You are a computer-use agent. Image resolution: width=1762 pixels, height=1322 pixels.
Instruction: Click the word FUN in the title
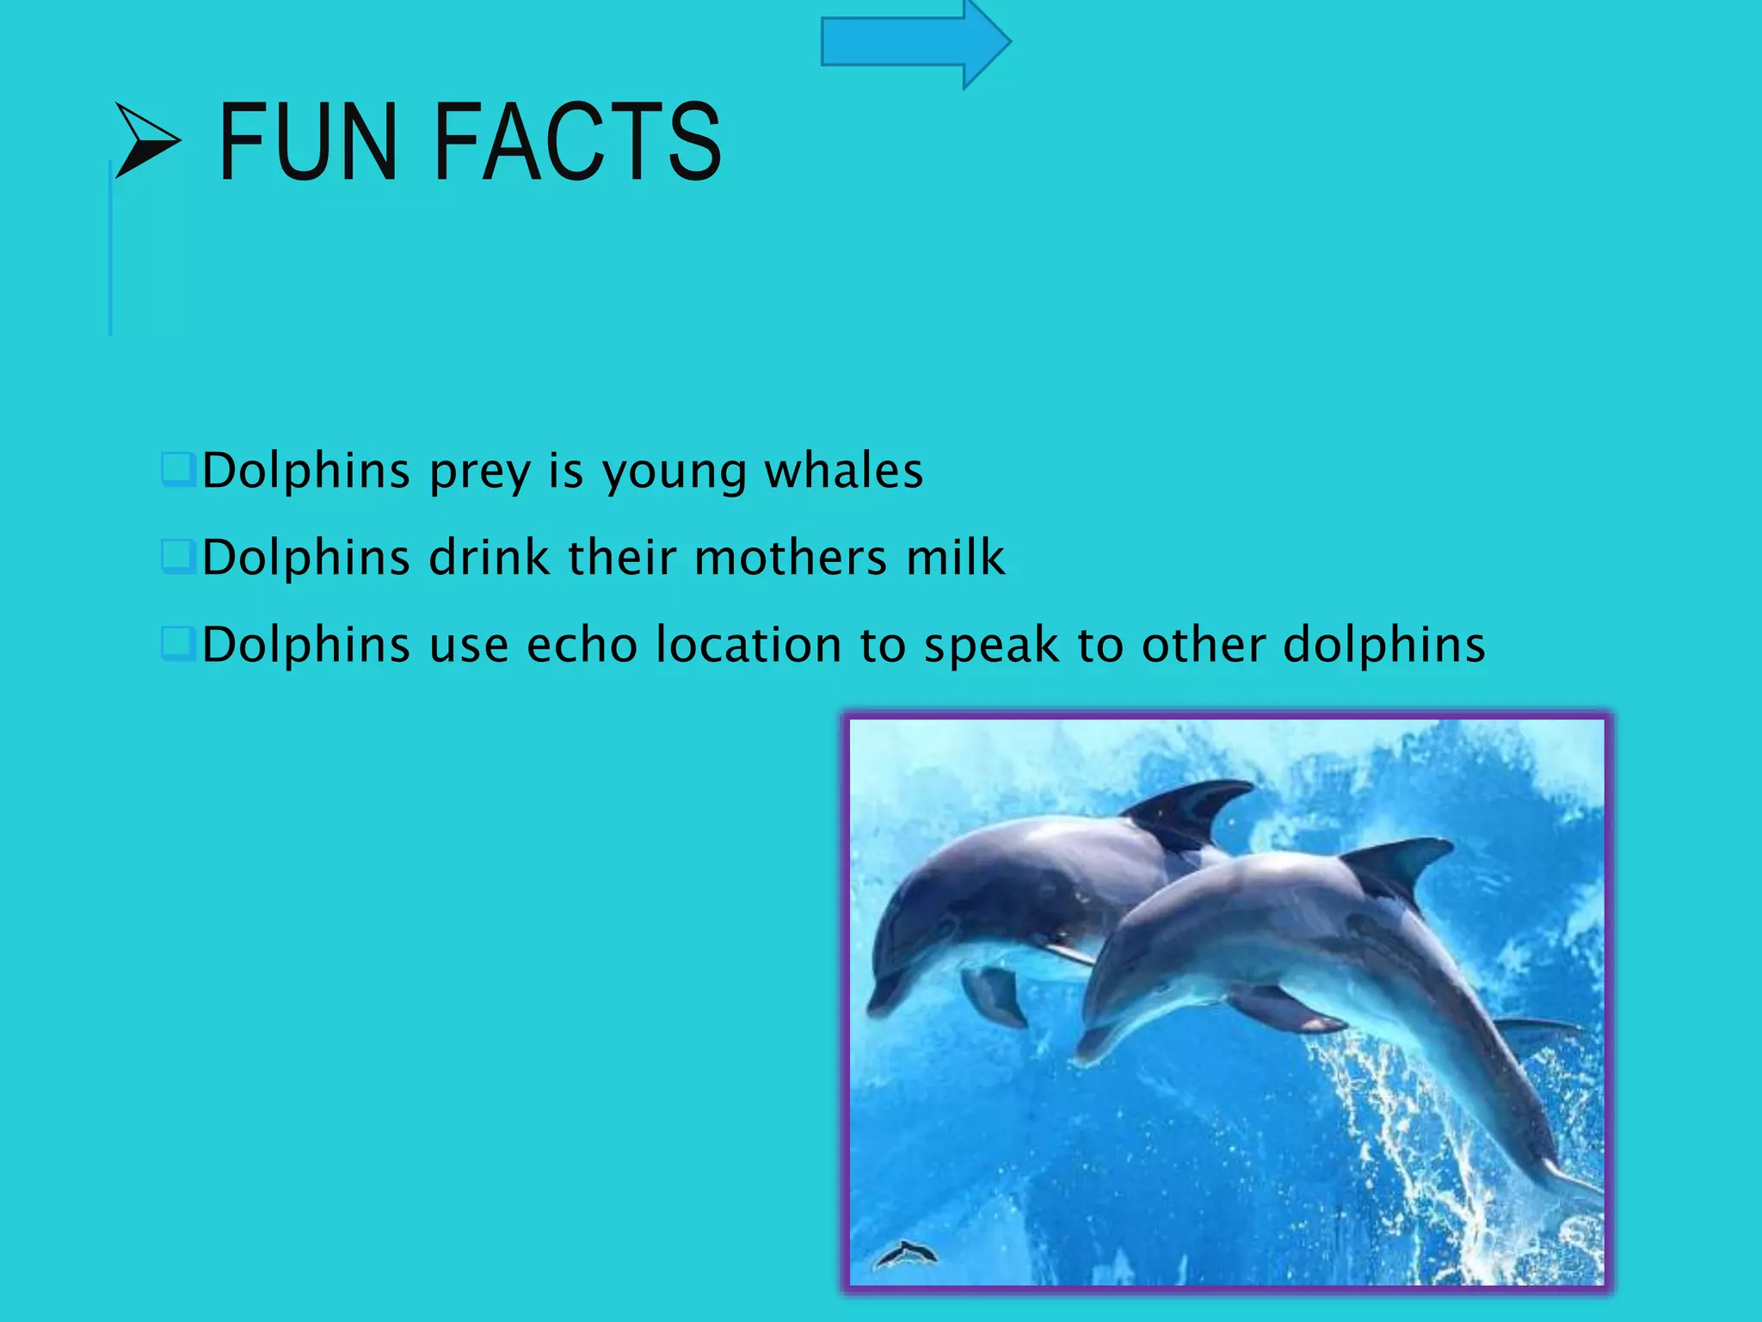point(308,142)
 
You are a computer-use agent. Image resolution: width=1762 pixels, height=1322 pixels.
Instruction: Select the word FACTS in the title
point(578,142)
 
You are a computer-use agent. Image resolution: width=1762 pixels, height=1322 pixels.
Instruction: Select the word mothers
point(790,557)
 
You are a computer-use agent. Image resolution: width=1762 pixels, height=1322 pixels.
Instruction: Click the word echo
point(582,645)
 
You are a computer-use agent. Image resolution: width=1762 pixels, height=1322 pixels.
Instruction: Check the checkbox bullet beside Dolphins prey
point(178,470)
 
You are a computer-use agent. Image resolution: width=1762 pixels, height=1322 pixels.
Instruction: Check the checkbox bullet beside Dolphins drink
point(178,556)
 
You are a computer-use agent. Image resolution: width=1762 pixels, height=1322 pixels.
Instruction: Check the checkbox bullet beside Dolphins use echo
point(178,644)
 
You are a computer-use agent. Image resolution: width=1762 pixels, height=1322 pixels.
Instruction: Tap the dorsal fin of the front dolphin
point(1398,865)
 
